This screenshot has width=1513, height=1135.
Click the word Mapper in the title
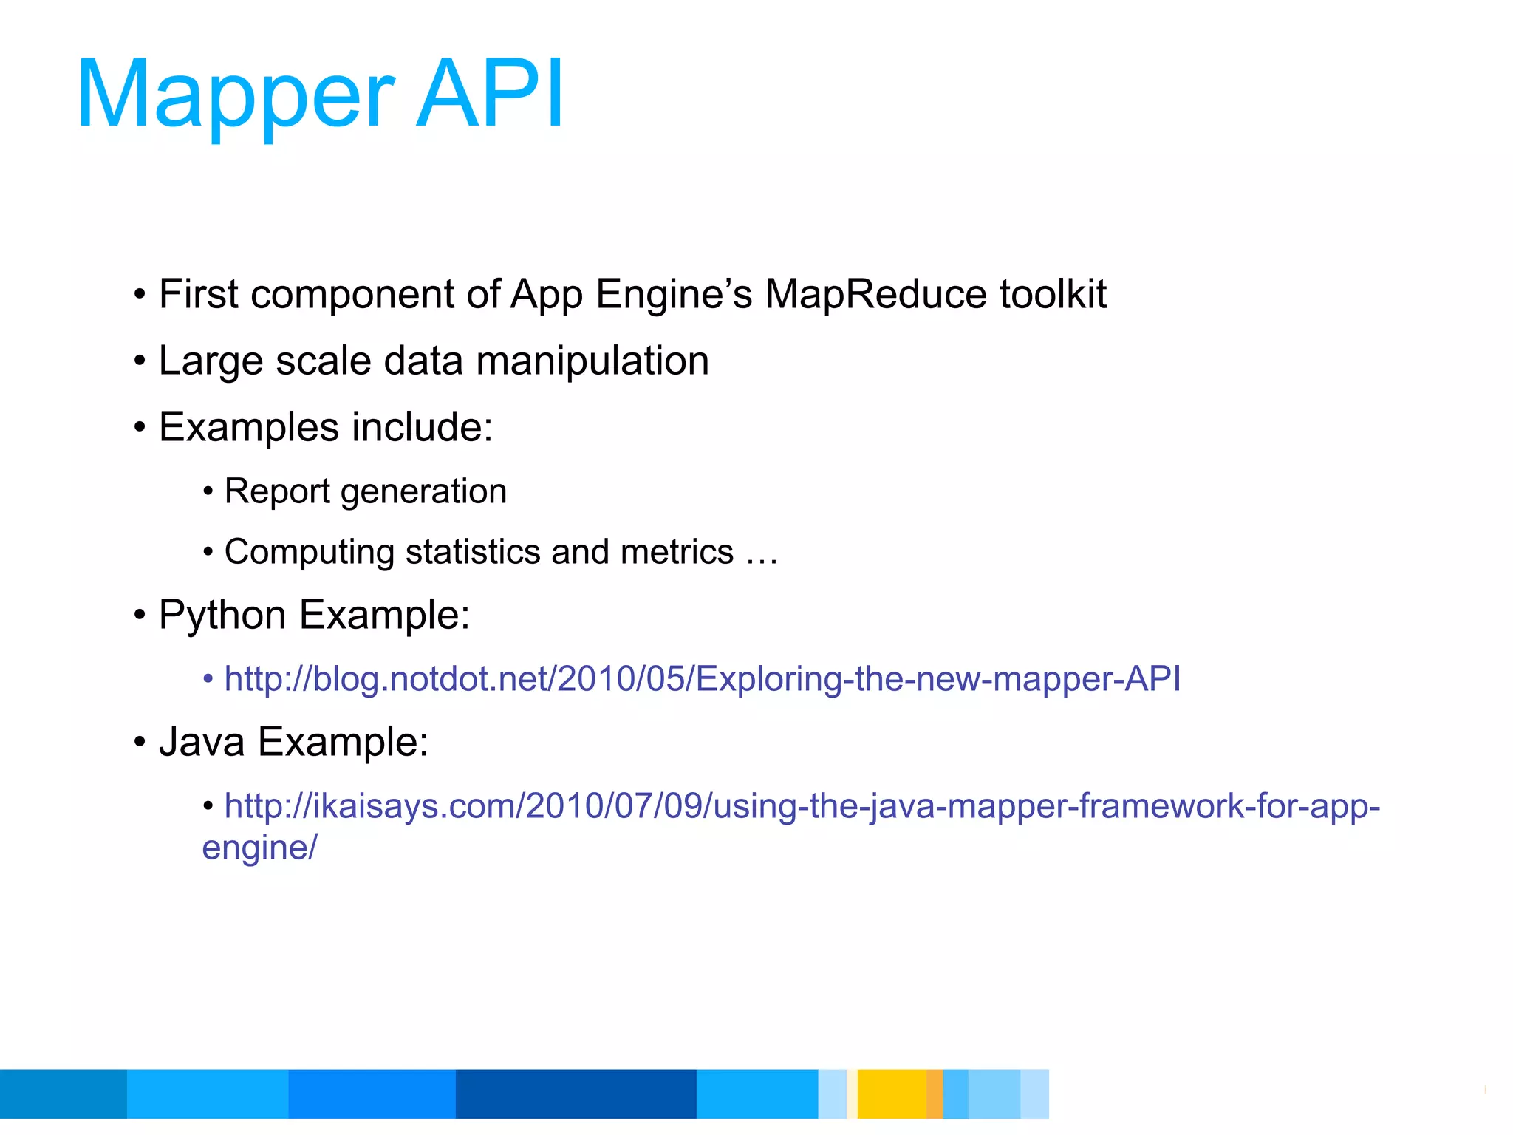click(x=235, y=96)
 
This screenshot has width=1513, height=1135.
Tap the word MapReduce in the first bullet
click(x=875, y=294)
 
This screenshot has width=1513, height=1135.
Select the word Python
click(x=222, y=616)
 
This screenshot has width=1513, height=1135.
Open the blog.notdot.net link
click(x=702, y=679)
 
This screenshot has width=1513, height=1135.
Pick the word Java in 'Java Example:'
click(x=202, y=742)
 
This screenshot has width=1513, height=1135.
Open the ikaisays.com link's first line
click(x=802, y=806)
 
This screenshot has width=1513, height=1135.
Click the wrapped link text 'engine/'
click(x=259, y=848)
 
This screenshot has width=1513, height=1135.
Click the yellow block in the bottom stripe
click(x=891, y=1094)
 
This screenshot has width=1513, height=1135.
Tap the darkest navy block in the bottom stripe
click(x=576, y=1094)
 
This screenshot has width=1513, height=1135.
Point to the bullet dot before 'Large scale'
click(x=140, y=362)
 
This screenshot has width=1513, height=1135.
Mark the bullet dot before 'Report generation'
click(x=208, y=492)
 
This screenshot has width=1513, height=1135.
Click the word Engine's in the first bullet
click(x=674, y=294)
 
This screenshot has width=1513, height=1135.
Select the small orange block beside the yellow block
click(x=935, y=1094)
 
